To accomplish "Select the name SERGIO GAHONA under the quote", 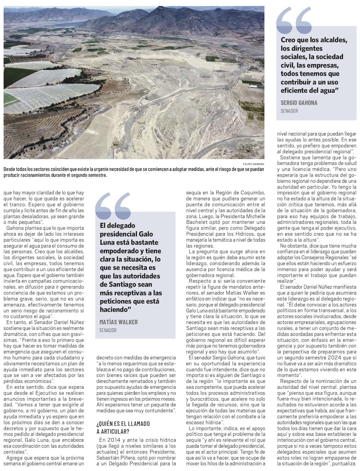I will click(x=299, y=103).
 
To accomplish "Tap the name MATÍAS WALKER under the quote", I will click(x=118, y=322).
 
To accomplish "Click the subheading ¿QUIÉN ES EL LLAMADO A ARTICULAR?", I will click(x=123, y=427).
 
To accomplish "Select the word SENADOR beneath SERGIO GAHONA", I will click(x=289, y=111).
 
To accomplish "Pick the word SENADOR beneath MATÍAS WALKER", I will click(x=108, y=330).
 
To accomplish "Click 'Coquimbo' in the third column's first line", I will click(x=251, y=192).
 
